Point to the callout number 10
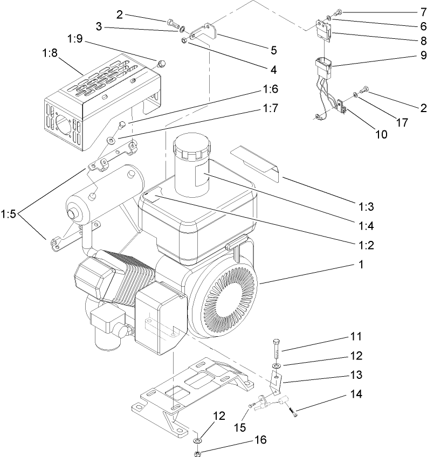(x=381, y=134)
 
